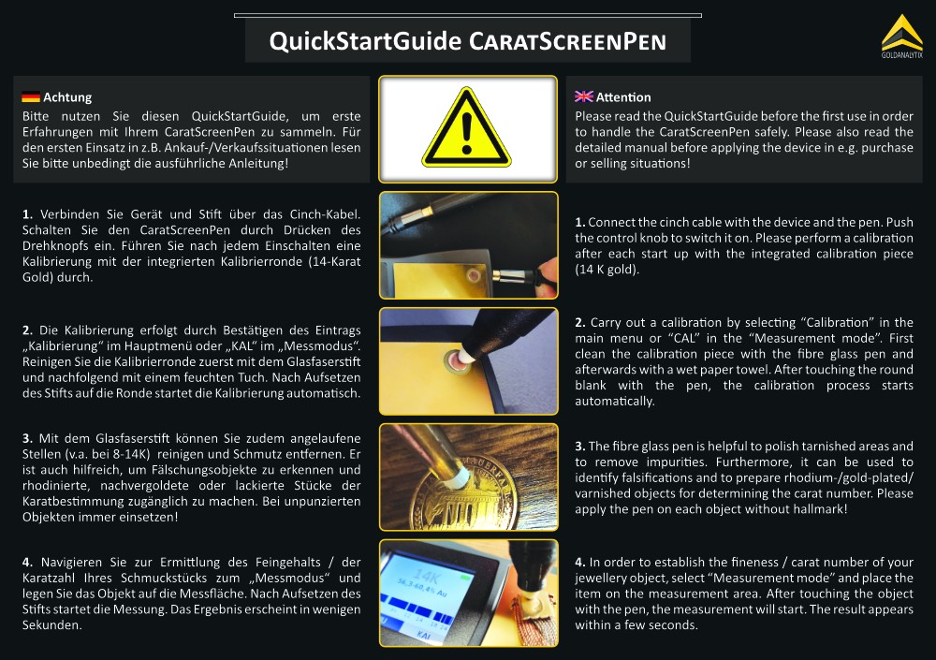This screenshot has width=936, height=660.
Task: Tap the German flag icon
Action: [31, 96]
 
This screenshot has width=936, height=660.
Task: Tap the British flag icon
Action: [584, 96]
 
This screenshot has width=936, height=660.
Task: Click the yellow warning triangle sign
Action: [467, 128]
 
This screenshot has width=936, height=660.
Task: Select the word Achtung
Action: [67, 97]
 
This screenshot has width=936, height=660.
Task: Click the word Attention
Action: [623, 97]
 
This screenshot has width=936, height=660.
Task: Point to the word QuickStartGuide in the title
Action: [365, 41]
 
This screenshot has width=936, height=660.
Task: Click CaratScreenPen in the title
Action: [567, 42]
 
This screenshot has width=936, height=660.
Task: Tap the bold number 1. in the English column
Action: [579, 222]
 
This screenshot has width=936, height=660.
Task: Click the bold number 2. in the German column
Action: [27, 330]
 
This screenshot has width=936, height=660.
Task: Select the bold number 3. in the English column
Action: [579, 447]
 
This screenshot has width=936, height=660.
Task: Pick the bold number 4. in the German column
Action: [27, 562]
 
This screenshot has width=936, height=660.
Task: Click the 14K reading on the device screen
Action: [426, 576]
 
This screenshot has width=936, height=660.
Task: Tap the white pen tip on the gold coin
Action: [458, 476]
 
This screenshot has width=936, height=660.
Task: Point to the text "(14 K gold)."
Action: [607, 270]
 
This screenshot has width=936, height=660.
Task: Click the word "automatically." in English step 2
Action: [615, 402]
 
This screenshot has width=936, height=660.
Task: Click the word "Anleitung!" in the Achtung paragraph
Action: [258, 163]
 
